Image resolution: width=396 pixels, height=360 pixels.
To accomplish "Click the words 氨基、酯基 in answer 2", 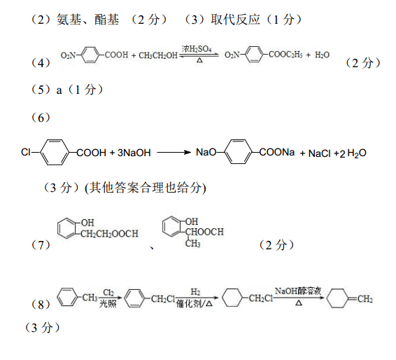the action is [x=87, y=20].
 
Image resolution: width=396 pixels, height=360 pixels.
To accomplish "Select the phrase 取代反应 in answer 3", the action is [x=235, y=20].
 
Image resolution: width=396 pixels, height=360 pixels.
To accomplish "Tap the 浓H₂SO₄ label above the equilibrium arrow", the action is [x=197, y=49].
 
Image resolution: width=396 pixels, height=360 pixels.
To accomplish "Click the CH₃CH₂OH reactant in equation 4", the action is [x=158, y=55].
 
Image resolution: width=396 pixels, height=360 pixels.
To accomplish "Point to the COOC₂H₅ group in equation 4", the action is [x=285, y=55].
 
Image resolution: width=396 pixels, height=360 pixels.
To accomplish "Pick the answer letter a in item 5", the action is [x=59, y=90].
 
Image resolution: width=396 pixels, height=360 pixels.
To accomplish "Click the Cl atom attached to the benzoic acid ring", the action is [x=25, y=152].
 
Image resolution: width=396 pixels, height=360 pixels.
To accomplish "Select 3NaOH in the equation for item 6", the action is [x=134, y=153].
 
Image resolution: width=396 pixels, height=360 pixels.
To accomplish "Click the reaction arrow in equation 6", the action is [x=174, y=152].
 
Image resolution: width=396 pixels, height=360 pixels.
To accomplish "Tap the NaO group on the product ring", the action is [x=206, y=152].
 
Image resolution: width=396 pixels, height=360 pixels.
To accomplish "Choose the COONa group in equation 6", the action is [x=277, y=152].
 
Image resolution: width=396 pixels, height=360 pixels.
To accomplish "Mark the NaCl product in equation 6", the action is [x=320, y=153].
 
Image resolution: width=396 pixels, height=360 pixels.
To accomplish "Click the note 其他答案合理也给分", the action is [x=145, y=188].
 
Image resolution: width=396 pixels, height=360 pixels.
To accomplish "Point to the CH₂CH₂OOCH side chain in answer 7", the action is [x=109, y=234].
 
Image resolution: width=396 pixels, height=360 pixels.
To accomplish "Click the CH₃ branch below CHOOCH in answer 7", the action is [x=192, y=243].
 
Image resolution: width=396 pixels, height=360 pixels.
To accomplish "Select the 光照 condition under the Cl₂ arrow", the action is [x=108, y=303].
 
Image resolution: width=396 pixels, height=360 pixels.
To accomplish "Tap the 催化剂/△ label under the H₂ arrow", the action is [x=195, y=303].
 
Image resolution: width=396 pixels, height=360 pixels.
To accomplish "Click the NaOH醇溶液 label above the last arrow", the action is [x=298, y=291].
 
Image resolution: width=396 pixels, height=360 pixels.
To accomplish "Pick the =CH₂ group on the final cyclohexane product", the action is [x=360, y=299].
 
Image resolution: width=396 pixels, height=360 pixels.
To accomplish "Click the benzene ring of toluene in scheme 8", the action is [x=67, y=297].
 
